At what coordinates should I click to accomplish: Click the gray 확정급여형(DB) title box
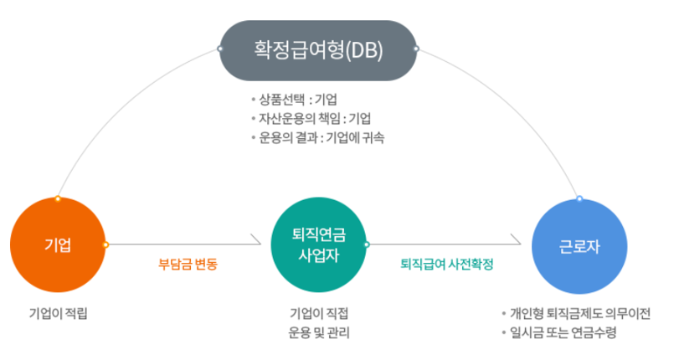click(x=318, y=50)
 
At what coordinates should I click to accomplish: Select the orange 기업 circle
click(x=57, y=244)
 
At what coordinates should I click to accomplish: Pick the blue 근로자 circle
click(x=580, y=244)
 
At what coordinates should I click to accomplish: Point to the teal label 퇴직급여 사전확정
click(x=447, y=265)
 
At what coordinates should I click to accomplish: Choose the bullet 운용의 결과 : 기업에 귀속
click(x=322, y=137)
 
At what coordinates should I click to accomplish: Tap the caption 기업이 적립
click(x=58, y=314)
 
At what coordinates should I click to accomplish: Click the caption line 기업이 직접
click(x=318, y=314)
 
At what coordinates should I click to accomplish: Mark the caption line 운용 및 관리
click(x=318, y=333)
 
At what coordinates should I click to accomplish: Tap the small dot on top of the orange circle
click(x=57, y=198)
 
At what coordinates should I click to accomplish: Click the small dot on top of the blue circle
click(x=579, y=198)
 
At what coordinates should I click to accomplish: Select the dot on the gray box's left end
click(x=220, y=49)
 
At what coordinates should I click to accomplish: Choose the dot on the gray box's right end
click(x=416, y=49)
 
